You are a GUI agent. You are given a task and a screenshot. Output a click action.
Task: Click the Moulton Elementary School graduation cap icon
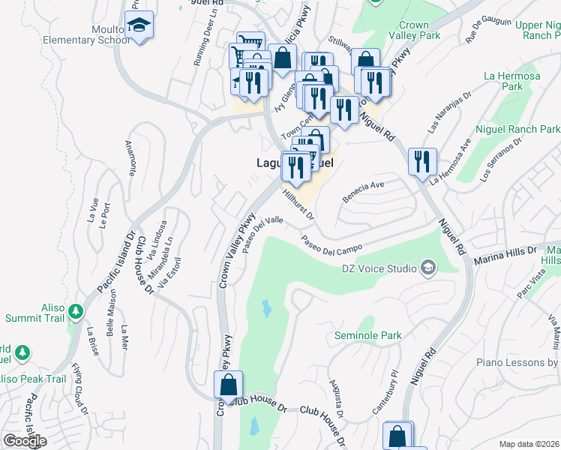click(139, 25)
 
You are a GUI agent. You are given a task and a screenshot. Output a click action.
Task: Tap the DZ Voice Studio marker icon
click(428, 268)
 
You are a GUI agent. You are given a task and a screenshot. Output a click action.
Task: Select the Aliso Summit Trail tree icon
click(76, 310)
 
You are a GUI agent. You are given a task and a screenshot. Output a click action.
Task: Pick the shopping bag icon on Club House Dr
click(228, 385)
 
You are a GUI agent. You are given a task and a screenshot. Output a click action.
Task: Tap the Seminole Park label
click(367, 335)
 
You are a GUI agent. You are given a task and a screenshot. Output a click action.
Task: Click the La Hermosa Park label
click(502, 81)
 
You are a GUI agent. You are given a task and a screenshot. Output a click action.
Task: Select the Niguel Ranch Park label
click(523, 129)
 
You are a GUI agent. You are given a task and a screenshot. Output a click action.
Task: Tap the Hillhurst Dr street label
click(301, 203)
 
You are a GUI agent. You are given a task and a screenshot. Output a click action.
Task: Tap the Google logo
click(25, 441)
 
